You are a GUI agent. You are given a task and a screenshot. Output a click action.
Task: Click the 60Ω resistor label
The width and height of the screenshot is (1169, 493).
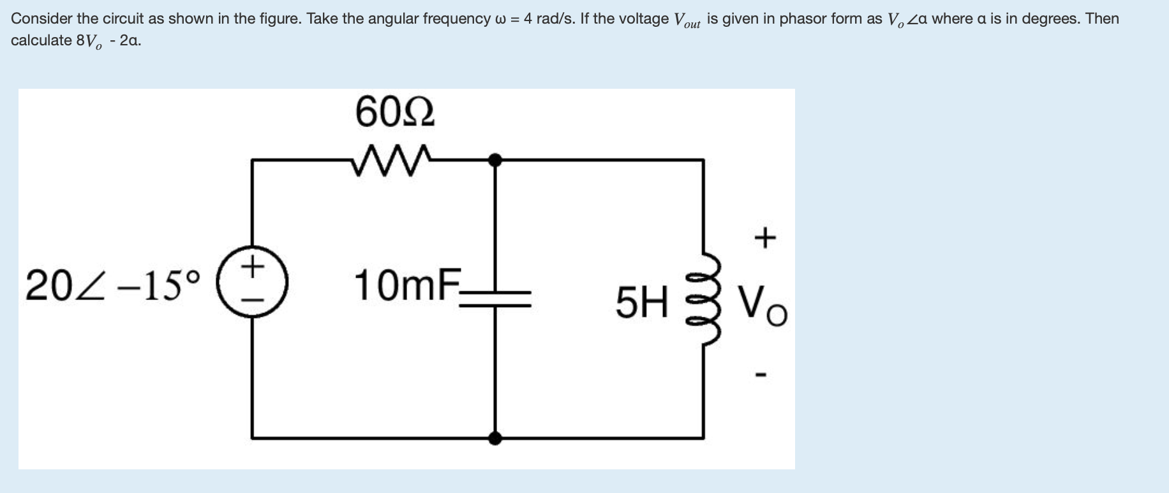coord(395,112)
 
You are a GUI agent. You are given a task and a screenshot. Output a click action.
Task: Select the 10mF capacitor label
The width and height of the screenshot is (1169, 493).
coord(406,285)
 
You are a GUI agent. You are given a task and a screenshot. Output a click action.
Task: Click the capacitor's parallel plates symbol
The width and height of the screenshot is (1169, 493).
coord(495,298)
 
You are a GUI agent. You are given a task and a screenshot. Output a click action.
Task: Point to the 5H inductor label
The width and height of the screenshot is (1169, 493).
coord(641,302)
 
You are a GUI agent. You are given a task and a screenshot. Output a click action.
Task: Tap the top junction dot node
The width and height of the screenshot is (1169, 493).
coord(495,160)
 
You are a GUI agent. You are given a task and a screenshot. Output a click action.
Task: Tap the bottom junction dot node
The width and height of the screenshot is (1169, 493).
coord(495,438)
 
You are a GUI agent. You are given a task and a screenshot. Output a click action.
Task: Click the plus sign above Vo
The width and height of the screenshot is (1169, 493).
coord(764,238)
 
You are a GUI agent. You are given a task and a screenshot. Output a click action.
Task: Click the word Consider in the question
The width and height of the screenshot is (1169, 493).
coord(41,19)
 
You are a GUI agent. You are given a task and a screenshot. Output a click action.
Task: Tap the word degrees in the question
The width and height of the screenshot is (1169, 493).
coord(1048,19)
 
